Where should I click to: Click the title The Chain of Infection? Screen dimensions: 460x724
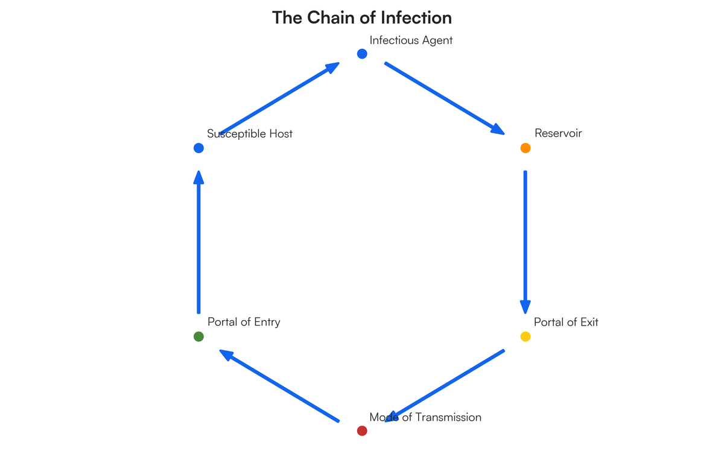pyautogui.click(x=361, y=17)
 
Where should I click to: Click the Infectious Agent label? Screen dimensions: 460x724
pyautogui.click(x=411, y=40)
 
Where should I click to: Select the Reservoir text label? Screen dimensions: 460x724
pyautogui.click(x=558, y=133)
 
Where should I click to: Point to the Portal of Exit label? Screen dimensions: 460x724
pyautogui.click(x=566, y=322)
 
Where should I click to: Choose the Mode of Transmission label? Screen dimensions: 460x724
pyautogui.click(x=425, y=417)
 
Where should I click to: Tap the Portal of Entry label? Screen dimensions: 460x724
pyautogui.click(x=244, y=322)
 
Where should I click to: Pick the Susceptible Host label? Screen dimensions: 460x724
pyautogui.click(x=250, y=133)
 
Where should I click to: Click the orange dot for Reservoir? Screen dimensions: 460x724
pyautogui.click(x=525, y=148)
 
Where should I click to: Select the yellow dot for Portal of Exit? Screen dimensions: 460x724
pyautogui.click(x=525, y=336)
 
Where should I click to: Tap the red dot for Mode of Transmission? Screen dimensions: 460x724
pyautogui.click(x=362, y=430)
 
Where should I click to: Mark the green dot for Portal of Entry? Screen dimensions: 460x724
pyautogui.click(x=198, y=336)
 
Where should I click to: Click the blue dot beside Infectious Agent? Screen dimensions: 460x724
pyautogui.click(x=362, y=54)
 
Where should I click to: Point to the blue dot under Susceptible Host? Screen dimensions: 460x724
pyautogui.click(x=198, y=148)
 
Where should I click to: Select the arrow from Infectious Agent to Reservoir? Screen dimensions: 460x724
pyautogui.click(x=444, y=98)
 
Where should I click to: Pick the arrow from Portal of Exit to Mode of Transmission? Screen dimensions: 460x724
pyautogui.click(x=444, y=386)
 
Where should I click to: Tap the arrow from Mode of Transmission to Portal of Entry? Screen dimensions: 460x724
pyautogui.click(x=279, y=386)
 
